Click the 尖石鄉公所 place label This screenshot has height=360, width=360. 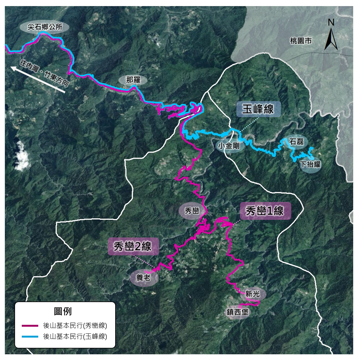(x=44, y=27)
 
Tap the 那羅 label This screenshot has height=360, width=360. (x=133, y=80)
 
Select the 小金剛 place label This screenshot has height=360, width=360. (x=229, y=146)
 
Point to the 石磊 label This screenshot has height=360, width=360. (x=296, y=141)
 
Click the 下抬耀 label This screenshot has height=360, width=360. (x=310, y=164)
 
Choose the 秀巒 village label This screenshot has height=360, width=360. (x=192, y=211)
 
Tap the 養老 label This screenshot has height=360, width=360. (x=143, y=277)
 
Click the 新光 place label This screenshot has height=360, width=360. (x=252, y=294)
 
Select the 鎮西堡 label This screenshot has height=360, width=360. (x=237, y=312)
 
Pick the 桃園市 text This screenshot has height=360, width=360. (x=300, y=41)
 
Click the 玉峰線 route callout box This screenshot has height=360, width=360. (x=258, y=109)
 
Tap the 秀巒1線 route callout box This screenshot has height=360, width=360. (x=265, y=211)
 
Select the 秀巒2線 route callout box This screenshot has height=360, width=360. (x=133, y=246)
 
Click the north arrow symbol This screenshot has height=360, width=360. (x=331, y=40)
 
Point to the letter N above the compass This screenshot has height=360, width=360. (x=331, y=22)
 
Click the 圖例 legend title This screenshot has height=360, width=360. (x=63, y=311)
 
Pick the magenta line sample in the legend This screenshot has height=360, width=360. (x=30, y=326)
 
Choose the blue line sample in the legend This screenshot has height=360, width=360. (x=30, y=337)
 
